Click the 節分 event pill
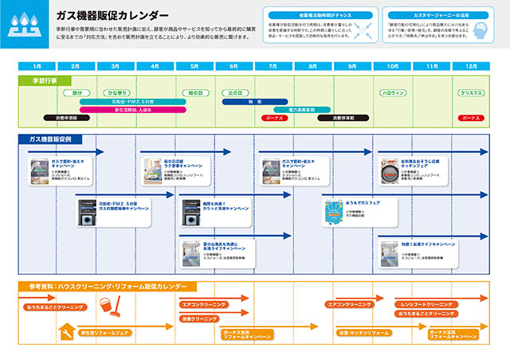76,93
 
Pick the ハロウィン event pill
391,93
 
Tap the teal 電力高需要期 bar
300,110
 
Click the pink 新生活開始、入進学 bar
132,110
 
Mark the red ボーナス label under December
470,118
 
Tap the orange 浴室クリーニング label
198,319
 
